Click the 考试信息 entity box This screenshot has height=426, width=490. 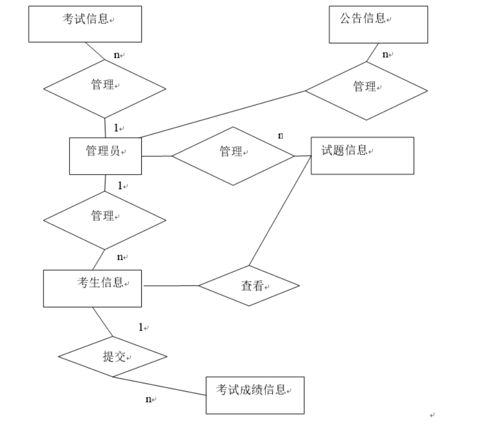[85, 24]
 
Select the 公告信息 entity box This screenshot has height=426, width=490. [378, 24]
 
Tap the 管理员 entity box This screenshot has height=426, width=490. [105, 156]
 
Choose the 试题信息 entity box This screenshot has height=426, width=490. [362, 155]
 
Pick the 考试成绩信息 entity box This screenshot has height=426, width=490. [254, 395]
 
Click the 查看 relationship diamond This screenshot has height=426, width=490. [249, 286]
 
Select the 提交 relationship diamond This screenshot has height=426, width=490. [113, 357]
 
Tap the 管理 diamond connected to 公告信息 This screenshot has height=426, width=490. [366, 91]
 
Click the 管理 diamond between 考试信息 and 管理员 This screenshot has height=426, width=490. [104, 89]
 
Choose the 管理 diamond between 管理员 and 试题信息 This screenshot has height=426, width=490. [233, 156]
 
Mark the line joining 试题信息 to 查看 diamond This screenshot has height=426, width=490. [280, 211]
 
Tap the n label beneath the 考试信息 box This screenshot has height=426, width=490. [117, 55]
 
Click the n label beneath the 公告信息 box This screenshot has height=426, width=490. [385, 54]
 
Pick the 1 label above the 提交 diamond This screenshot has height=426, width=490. [141, 327]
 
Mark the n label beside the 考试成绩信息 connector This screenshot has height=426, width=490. [148, 399]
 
